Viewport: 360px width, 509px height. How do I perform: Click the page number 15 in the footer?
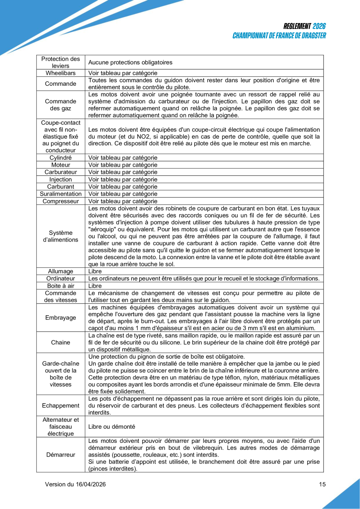coord(322,484)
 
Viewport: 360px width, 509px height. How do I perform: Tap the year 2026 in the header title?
coord(319,27)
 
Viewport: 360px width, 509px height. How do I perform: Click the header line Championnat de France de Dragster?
coord(279,36)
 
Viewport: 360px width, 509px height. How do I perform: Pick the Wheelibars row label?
coord(61,73)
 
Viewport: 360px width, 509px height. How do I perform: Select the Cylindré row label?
coord(61,158)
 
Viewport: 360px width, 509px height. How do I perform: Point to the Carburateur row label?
coord(61,172)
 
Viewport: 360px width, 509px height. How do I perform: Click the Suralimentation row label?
coord(61,193)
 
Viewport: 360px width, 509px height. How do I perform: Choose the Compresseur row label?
coord(61,200)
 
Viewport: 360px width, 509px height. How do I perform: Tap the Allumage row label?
coord(61,271)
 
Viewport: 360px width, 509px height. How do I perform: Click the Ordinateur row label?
coord(61,278)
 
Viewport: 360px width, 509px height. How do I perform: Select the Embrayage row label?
coord(61,318)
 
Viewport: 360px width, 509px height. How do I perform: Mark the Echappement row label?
coord(61,405)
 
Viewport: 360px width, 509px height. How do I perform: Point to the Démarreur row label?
coord(61,455)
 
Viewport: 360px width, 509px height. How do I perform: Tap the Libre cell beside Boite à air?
coord(95,286)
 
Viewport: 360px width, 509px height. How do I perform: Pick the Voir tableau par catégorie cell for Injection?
coord(123,179)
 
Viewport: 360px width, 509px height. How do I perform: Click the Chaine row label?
coord(61,342)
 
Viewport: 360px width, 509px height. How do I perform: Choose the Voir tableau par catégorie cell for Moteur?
coord(123,165)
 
